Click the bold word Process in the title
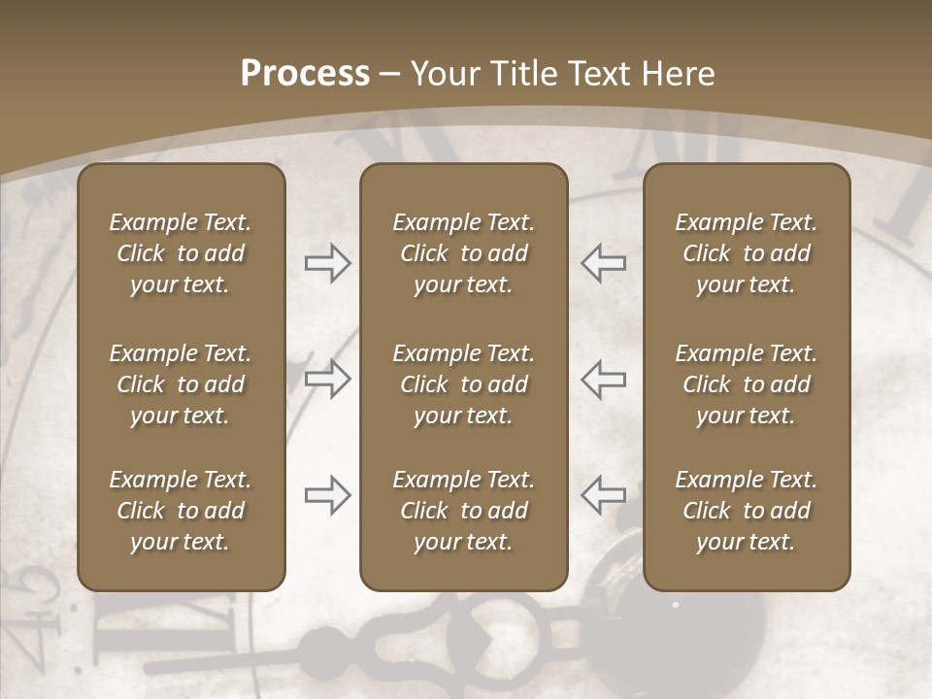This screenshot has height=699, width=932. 305,74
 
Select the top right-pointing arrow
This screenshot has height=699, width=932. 328,263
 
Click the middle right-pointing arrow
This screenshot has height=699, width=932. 328,379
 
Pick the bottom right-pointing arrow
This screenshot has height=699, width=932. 328,495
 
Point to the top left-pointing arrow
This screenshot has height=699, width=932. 603,263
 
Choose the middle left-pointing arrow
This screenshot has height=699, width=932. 603,379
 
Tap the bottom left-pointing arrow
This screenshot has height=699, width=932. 603,495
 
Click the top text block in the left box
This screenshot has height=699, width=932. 181,253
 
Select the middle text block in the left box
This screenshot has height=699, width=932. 181,384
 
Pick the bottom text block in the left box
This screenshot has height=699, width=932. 181,511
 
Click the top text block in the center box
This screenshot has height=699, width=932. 463,253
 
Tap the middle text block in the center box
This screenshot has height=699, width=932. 463,384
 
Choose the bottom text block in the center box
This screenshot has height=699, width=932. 463,511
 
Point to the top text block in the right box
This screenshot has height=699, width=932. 746,253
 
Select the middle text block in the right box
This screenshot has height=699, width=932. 746,384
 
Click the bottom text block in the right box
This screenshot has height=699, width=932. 746,511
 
